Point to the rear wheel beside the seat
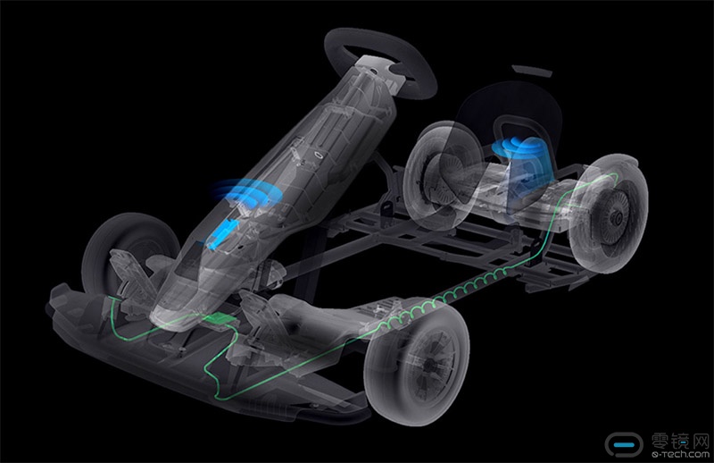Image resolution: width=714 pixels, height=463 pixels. click(439, 175)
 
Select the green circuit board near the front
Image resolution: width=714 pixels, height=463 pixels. click(220, 319)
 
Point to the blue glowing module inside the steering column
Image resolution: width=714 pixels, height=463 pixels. click(223, 232)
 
